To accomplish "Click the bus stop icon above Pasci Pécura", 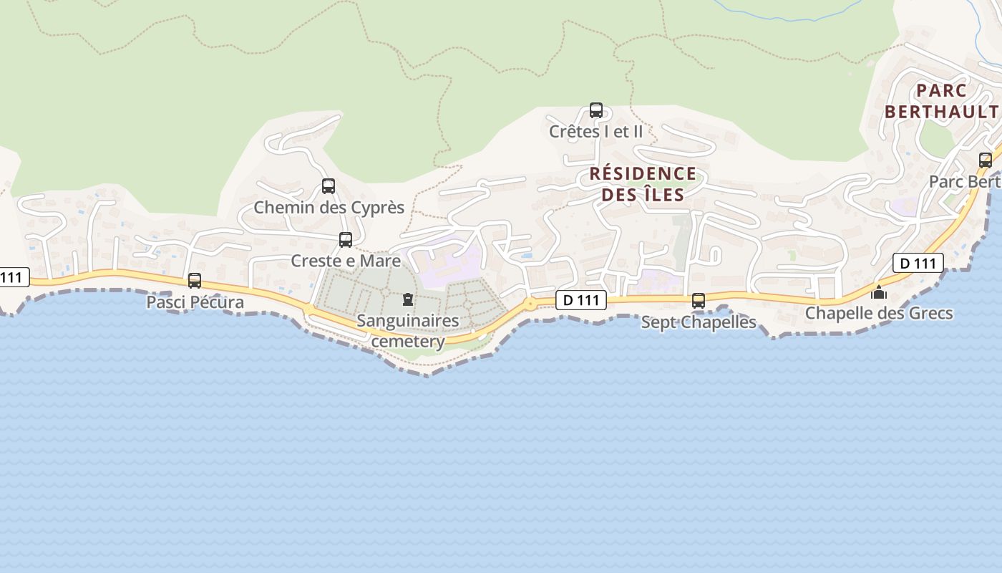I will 195,281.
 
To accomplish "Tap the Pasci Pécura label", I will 195,302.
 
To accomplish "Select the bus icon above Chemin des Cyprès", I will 329,186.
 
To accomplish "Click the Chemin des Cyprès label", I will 329,208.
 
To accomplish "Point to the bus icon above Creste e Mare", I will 346,240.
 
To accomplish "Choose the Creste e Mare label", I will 346,261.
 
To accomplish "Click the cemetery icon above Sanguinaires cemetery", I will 408,299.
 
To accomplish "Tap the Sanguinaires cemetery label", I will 408,331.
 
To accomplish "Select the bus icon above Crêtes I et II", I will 596,110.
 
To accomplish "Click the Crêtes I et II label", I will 596,132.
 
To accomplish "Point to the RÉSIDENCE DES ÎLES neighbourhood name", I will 643,184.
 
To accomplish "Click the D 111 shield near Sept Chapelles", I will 581,301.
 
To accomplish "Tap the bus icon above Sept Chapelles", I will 699,301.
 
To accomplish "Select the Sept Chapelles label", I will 699,322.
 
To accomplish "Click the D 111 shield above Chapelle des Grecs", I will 918,263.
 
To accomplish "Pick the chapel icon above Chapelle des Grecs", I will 879,292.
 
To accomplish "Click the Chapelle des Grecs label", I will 879,313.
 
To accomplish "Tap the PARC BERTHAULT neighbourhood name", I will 941,101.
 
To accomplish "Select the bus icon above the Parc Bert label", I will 986,160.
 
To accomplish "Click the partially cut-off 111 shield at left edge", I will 13,277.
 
